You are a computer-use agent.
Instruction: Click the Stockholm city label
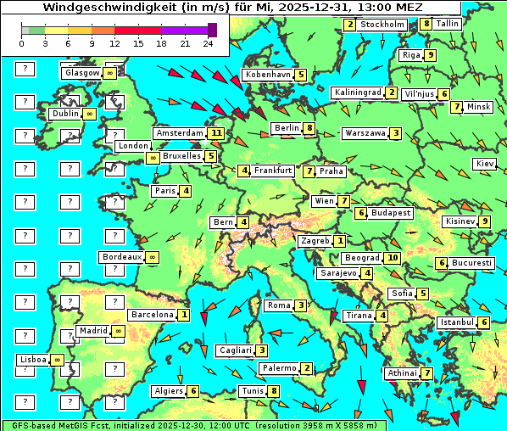coord(382,25)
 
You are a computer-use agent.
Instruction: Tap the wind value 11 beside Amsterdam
coord(216,133)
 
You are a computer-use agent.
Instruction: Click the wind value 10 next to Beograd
coord(392,258)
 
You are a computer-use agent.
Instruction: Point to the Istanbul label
coord(456,322)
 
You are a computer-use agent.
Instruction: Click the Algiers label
coord(168,391)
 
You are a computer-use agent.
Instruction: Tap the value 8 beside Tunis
coord(273,391)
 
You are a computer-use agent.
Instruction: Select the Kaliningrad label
coord(357,92)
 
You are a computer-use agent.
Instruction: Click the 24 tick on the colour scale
coord(208,42)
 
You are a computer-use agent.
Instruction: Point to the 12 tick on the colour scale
coord(114,42)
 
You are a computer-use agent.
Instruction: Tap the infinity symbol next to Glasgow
coord(110,74)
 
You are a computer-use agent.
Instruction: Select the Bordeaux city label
coord(121,257)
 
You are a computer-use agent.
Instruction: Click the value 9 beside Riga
coord(431,55)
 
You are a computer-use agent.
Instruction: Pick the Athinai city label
coord(401,373)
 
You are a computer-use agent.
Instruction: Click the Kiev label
coord(485,163)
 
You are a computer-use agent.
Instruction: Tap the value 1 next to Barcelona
coord(183,315)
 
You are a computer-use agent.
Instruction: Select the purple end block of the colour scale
coord(212,30)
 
